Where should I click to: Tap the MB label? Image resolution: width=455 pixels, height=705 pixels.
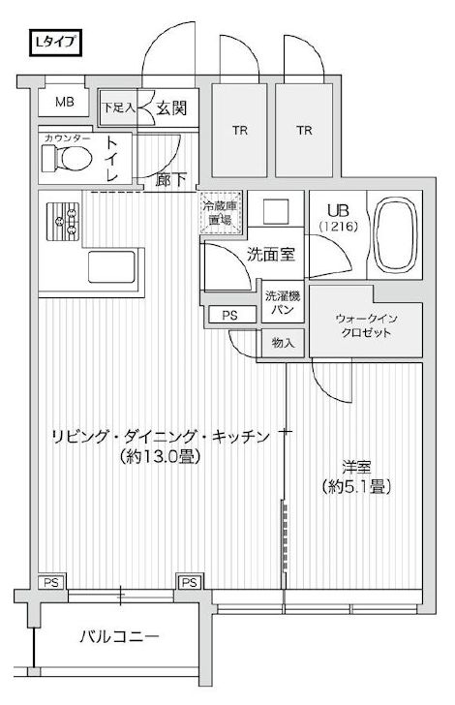(x=64, y=103)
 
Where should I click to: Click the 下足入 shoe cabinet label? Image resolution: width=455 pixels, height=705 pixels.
(x=119, y=108)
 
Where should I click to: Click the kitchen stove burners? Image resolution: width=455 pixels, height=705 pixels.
(x=65, y=223)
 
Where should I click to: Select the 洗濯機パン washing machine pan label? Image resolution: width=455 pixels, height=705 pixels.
(x=282, y=300)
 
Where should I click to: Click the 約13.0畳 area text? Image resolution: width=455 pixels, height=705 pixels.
(x=161, y=455)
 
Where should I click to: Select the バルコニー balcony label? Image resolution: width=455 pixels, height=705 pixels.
(x=119, y=638)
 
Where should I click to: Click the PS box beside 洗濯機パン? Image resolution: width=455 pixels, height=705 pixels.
(x=228, y=314)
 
